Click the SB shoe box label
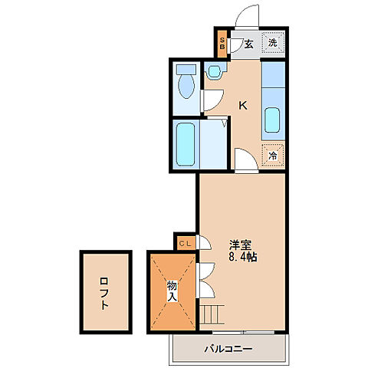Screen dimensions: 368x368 point(222,44)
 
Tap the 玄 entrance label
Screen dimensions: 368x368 point(248,44)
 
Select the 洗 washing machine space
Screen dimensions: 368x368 point(273,42)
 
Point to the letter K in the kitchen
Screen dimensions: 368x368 point(243,105)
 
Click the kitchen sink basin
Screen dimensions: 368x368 point(272,120)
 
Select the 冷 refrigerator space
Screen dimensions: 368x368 point(273,156)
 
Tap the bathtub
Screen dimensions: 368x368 point(186,144)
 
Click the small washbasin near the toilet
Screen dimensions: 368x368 point(214,71)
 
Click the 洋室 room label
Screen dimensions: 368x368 point(241,245)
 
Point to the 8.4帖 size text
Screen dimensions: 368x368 point(242,257)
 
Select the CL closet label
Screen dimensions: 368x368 point(185,244)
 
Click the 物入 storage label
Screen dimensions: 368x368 point(172,291)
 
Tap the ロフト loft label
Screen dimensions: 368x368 point(104,294)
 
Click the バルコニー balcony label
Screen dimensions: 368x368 point(228,349)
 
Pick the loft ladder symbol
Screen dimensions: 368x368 point(212,314)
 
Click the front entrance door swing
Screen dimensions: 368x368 point(247,16)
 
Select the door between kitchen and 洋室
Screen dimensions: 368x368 point(246,160)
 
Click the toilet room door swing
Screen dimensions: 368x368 point(212,100)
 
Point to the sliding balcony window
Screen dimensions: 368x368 point(243,333)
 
